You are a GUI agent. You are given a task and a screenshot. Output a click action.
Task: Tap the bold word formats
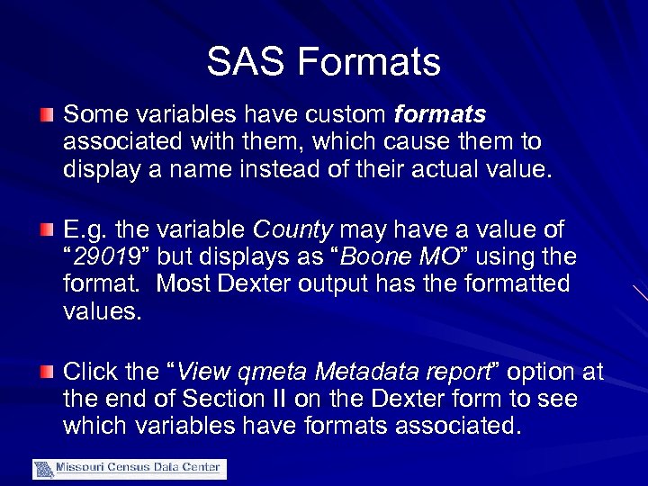(440, 115)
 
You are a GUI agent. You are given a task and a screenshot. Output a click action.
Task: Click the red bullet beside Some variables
(47, 115)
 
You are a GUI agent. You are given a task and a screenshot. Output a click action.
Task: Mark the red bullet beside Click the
(47, 373)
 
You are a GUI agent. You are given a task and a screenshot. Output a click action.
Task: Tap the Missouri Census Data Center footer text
(139, 468)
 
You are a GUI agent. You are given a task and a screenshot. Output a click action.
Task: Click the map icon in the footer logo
(43, 469)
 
